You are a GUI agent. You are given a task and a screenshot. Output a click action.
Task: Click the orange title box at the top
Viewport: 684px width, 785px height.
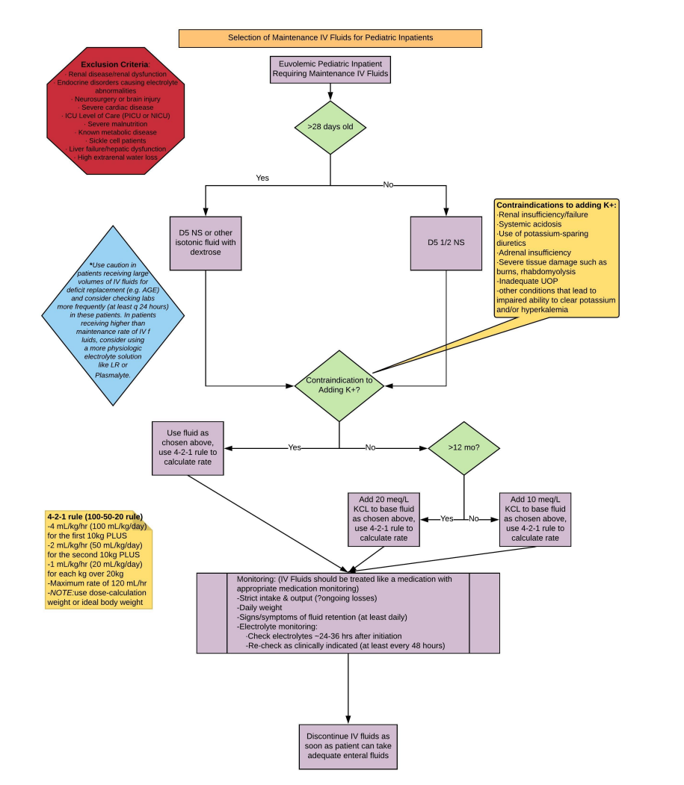(x=330, y=37)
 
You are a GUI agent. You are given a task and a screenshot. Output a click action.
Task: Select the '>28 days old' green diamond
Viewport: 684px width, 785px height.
(x=330, y=127)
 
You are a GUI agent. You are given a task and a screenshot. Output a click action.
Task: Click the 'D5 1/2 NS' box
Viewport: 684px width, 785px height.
(x=446, y=243)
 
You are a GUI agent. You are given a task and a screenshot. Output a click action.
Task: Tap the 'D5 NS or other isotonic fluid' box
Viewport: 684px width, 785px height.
(x=205, y=243)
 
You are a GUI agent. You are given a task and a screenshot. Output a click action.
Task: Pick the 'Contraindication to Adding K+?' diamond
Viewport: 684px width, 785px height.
(x=339, y=385)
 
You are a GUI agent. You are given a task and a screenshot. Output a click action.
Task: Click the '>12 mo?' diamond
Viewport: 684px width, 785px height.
(x=463, y=447)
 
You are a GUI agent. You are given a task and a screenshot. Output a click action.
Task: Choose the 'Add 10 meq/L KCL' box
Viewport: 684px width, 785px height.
(x=535, y=518)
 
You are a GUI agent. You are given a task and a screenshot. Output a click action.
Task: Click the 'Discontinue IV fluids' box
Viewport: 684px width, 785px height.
(x=348, y=746)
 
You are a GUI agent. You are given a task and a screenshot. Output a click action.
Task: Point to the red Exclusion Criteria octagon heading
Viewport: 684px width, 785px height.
(x=114, y=65)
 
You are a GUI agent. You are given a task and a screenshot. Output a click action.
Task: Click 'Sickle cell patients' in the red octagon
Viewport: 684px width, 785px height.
(x=114, y=140)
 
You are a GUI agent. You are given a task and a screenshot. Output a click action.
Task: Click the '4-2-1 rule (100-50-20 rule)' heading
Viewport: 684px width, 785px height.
(x=94, y=516)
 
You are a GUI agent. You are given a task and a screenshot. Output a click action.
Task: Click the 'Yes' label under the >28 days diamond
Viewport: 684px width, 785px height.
(x=262, y=178)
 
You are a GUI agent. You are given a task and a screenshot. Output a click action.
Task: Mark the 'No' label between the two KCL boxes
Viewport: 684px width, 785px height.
(x=474, y=518)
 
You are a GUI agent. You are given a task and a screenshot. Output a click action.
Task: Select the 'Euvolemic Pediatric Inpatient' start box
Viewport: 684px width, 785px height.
(x=330, y=69)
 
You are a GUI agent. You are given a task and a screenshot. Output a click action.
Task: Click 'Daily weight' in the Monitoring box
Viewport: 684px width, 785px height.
(x=259, y=607)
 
